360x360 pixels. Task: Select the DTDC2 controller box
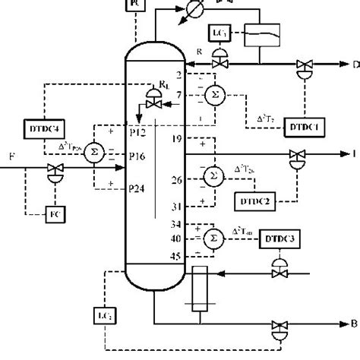253,201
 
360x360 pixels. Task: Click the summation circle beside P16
94,150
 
